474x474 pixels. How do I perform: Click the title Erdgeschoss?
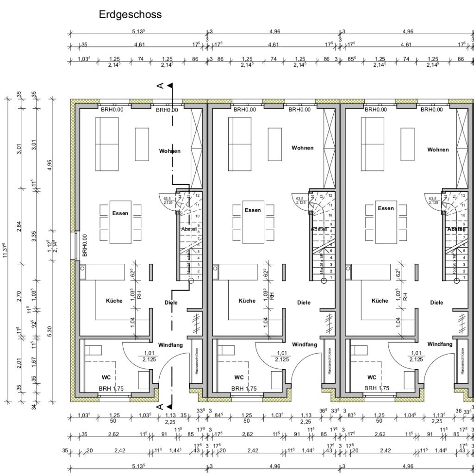pos(130,15)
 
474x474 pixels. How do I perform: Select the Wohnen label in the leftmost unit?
pos(169,151)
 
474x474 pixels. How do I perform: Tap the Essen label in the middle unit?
pos(253,210)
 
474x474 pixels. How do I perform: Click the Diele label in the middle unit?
pos(304,303)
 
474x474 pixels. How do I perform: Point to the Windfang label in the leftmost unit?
pos(170,345)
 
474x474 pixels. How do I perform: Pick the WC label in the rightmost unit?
pos(371,377)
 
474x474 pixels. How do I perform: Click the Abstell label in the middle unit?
pos(319,229)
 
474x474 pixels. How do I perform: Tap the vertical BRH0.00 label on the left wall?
pos(85,245)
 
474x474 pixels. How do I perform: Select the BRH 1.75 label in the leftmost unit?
pos(112,389)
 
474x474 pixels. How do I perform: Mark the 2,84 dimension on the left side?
pos(19,226)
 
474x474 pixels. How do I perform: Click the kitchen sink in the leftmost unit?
pos(82,268)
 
